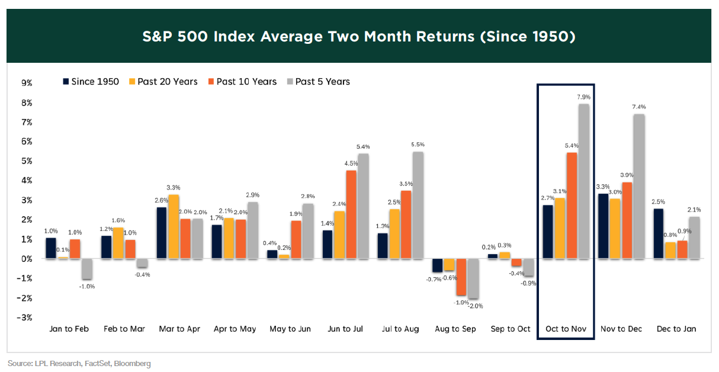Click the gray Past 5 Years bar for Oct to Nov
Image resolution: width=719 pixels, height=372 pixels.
coord(584,181)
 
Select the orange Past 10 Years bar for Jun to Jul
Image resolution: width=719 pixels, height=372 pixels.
coord(351,214)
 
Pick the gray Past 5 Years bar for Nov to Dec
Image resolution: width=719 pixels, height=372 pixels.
coord(639,186)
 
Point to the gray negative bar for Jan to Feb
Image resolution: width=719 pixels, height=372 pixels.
coord(86,269)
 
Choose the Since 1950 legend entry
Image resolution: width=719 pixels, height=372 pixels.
coord(90,82)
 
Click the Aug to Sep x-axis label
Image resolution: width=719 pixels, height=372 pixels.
coord(455,329)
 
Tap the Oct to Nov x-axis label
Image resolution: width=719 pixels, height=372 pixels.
coord(565,329)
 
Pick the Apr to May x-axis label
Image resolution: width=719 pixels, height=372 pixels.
coord(235,329)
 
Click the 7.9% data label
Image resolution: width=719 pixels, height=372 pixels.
coord(584,97)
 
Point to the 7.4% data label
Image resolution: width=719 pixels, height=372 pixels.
coord(639,107)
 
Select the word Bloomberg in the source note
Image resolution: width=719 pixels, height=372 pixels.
coord(133,363)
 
